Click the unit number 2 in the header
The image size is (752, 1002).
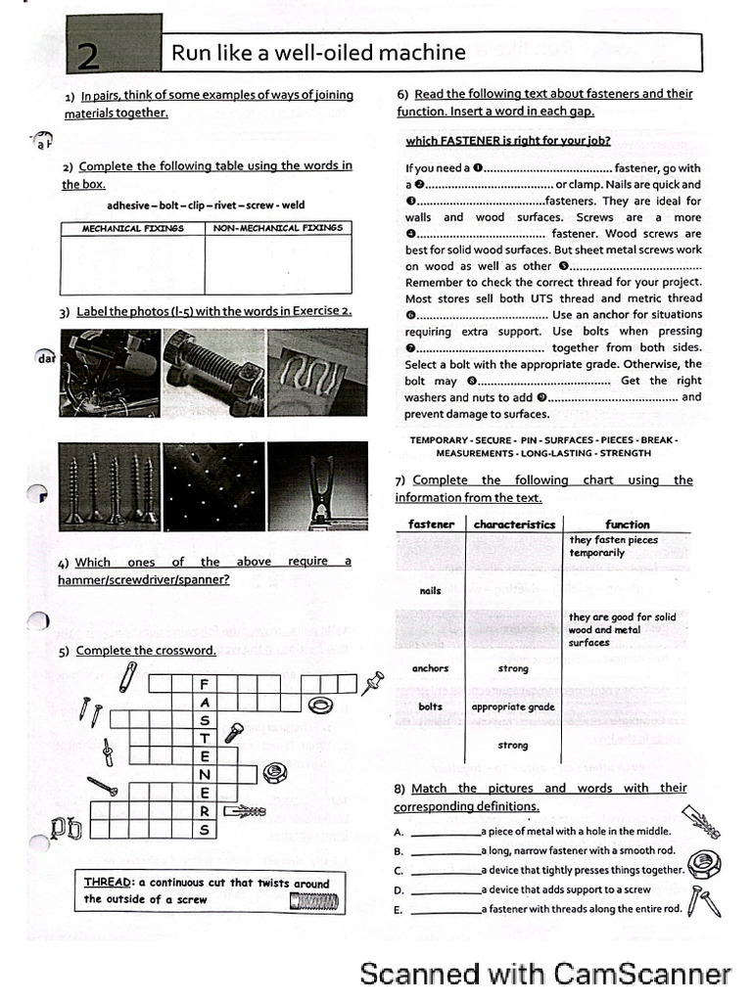[88, 57]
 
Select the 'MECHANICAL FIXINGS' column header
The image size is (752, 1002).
[133, 229]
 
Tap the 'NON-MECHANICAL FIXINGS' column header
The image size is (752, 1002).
[278, 229]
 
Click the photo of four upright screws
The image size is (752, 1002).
[108, 486]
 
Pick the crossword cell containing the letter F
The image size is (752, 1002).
[205, 684]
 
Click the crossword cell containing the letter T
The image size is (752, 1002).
[205, 739]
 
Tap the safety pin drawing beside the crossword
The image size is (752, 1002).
[128, 674]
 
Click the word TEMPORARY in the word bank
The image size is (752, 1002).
[446, 440]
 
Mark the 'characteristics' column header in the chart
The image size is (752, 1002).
[514, 524]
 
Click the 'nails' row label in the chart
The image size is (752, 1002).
[430, 591]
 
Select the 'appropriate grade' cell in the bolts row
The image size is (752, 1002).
[513, 706]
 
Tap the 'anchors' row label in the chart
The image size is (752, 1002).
[430, 668]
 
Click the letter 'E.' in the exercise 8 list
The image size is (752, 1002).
[399, 910]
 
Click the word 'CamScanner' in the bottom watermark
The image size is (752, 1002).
[642, 974]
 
